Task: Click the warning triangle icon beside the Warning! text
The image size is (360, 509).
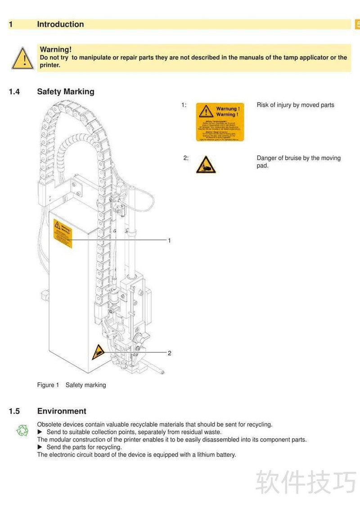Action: click(x=22, y=58)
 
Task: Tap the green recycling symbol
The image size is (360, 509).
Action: click(x=22, y=431)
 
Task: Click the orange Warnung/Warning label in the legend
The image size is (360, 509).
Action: click(x=220, y=122)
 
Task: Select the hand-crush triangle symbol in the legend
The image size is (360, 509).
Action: click(x=206, y=165)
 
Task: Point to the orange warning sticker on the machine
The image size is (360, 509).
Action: click(x=63, y=233)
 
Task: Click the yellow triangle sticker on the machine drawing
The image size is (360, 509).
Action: click(x=99, y=352)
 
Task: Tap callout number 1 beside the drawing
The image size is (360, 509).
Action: click(x=169, y=241)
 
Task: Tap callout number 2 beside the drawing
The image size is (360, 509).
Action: click(x=169, y=353)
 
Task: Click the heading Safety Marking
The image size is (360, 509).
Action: click(x=66, y=92)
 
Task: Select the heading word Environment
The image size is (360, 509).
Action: click(x=62, y=411)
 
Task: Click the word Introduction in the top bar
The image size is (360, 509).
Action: click(x=60, y=24)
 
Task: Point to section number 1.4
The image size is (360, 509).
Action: click(x=14, y=92)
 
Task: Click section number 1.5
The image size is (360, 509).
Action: click(x=14, y=411)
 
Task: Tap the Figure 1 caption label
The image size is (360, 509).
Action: click(x=48, y=385)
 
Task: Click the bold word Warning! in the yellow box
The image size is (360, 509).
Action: click(x=56, y=50)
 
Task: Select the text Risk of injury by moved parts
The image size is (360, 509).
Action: click(x=295, y=105)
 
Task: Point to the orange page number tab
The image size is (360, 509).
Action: click(x=357, y=24)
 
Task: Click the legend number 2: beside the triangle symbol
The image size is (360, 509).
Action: click(x=185, y=158)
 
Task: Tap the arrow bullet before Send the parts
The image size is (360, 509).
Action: click(x=40, y=447)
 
